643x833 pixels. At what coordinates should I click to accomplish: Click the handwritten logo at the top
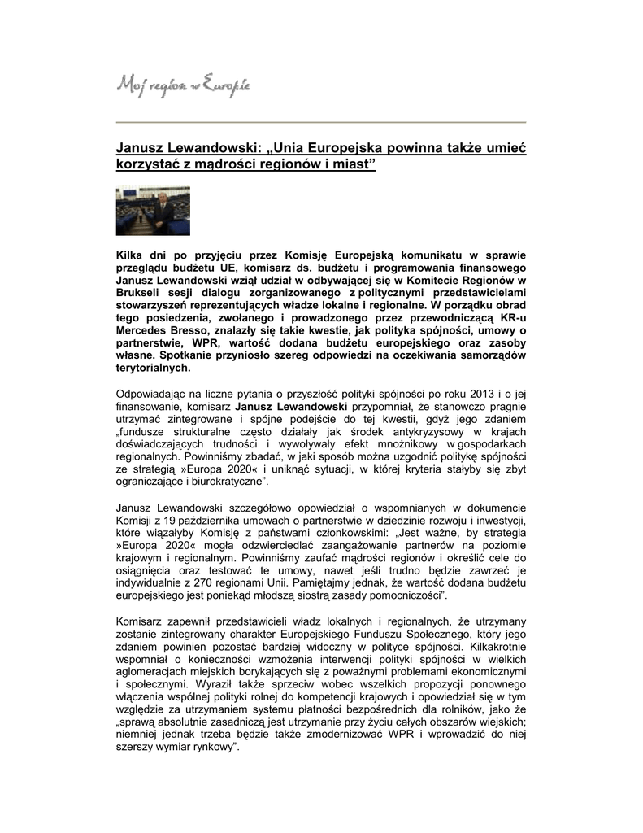click(184, 83)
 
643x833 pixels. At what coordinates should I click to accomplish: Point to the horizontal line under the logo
click(321, 122)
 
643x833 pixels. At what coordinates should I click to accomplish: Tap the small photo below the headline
click(154, 212)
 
